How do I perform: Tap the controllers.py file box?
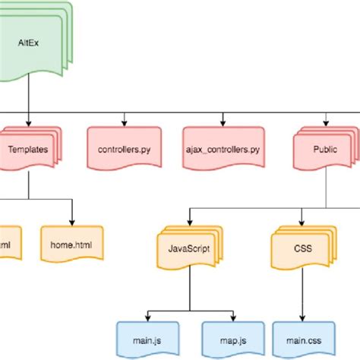click(x=124, y=150)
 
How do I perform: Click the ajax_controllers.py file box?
click(x=222, y=150)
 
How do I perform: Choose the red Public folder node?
click(x=324, y=150)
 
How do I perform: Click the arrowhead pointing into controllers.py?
click(x=124, y=122)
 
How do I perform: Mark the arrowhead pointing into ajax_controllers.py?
click(x=222, y=122)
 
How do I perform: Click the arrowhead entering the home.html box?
click(x=71, y=220)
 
